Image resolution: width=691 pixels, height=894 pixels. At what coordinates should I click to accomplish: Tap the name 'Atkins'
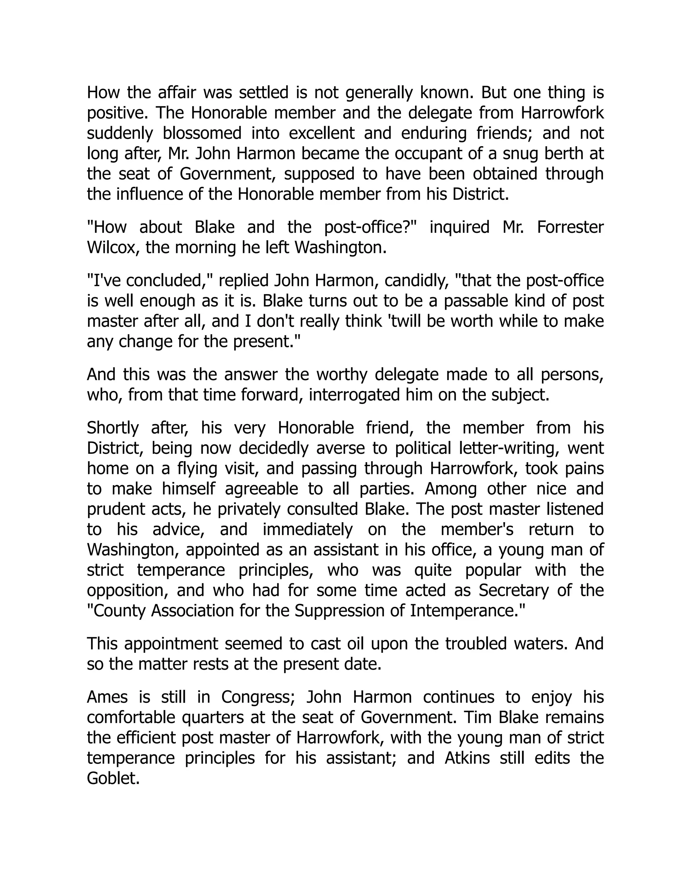click(467, 758)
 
